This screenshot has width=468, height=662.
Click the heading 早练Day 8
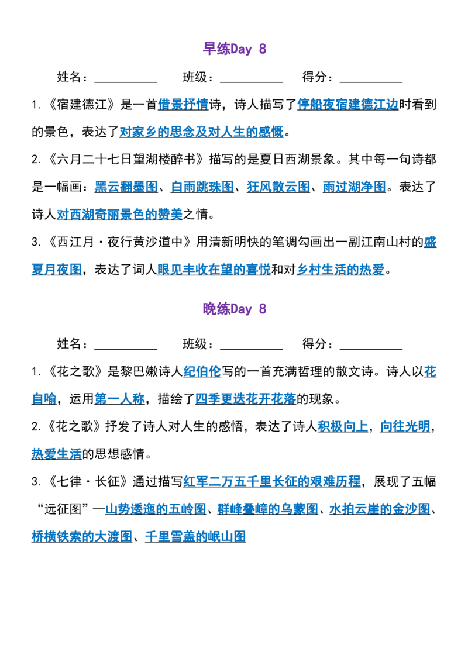pyautogui.click(x=235, y=49)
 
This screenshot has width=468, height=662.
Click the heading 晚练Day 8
pyautogui.click(x=235, y=309)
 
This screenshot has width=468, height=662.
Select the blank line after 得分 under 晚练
pyautogui.click(x=371, y=349)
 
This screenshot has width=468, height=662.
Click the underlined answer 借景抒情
pyautogui.click(x=183, y=104)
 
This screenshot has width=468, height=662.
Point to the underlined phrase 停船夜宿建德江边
pyautogui.click(x=347, y=104)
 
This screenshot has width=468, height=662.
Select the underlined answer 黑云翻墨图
pyautogui.click(x=126, y=187)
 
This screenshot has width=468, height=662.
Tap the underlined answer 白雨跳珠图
pyautogui.click(x=202, y=187)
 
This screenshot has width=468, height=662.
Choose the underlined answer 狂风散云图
pyautogui.click(x=279, y=187)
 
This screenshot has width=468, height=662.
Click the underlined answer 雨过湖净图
pyautogui.click(x=355, y=187)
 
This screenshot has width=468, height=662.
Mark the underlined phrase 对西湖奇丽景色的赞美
pyautogui.click(x=119, y=215)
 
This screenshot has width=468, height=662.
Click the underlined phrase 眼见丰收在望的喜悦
pyautogui.click(x=214, y=270)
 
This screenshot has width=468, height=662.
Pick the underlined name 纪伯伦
pyautogui.click(x=202, y=371)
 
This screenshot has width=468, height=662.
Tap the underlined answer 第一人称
pyautogui.click(x=119, y=399)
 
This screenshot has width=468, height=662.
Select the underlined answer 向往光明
pyautogui.click(x=405, y=426)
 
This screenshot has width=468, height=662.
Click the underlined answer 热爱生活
pyautogui.click(x=57, y=454)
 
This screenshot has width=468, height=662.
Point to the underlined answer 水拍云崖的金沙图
pyautogui.click(x=380, y=509)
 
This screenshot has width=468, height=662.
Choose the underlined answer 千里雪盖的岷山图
pyautogui.click(x=195, y=537)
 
